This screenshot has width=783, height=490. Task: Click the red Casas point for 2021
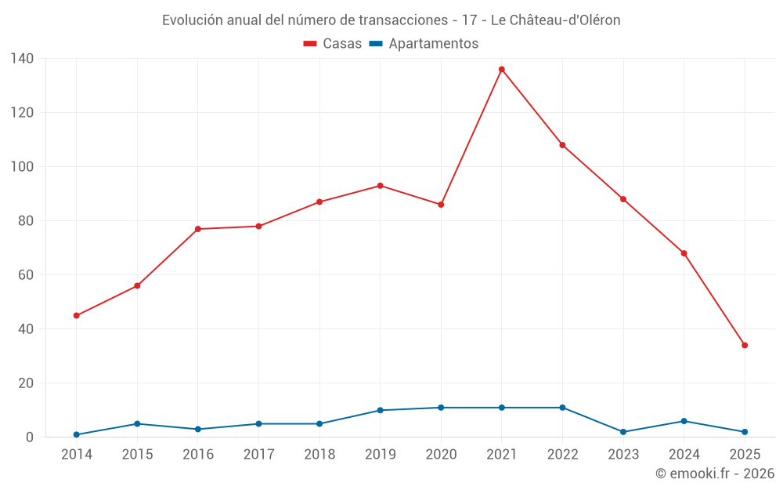(x=502, y=69)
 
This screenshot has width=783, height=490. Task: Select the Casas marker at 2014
(x=76, y=315)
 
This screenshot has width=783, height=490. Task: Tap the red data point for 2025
(x=745, y=345)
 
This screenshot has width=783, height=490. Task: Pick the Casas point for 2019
(x=380, y=186)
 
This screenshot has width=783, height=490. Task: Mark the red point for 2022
(x=562, y=145)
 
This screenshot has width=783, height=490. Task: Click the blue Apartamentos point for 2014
(x=76, y=434)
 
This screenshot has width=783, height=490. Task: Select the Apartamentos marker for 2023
(x=623, y=432)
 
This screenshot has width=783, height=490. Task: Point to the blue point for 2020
(x=441, y=408)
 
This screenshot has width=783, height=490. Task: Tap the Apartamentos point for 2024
(x=684, y=421)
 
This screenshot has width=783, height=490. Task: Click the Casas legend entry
(x=333, y=44)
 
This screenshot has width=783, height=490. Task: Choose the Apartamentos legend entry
(x=424, y=44)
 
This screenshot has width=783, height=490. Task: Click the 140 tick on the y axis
(x=22, y=59)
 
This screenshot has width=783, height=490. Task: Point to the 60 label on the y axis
(x=26, y=275)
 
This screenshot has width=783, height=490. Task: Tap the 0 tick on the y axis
(x=30, y=437)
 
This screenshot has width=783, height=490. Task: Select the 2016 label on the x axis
(x=197, y=455)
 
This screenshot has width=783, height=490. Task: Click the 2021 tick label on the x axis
(x=502, y=455)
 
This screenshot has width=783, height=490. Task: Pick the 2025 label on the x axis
(x=745, y=455)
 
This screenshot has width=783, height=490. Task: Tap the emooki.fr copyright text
(x=715, y=474)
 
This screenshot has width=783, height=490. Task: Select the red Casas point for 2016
(x=197, y=229)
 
